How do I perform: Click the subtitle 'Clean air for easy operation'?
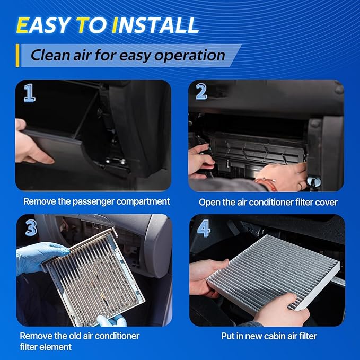click(127, 55)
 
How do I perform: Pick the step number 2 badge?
click(201, 92)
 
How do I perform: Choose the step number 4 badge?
click(203, 228)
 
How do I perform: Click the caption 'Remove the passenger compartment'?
click(96, 201)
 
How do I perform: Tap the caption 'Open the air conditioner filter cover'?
click(268, 202)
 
